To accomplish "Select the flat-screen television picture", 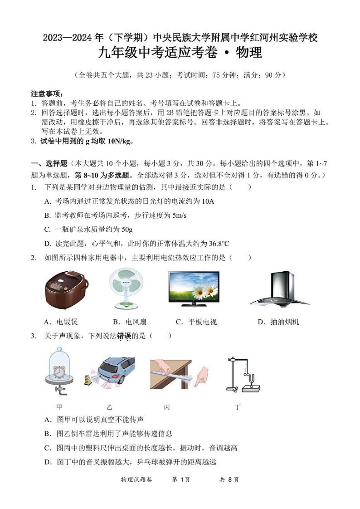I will click(194, 287).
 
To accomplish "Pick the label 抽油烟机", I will click(284, 322).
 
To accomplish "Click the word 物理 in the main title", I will click(249, 53).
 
